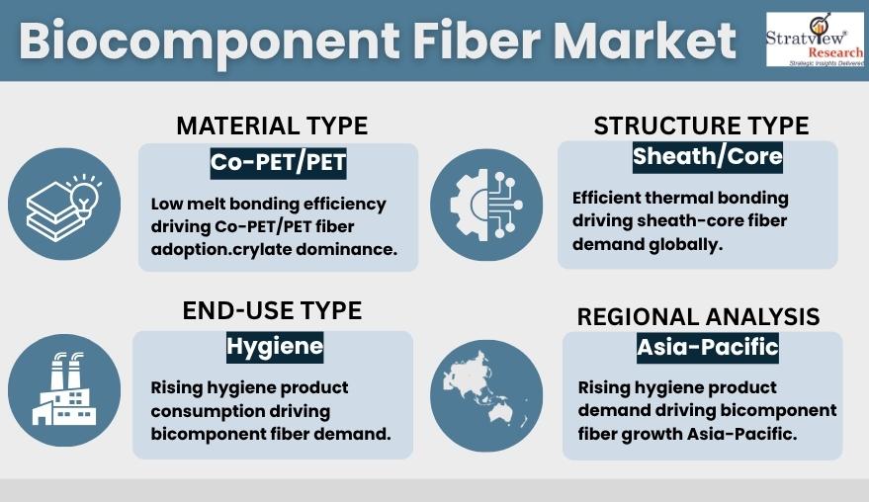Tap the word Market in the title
tap(645, 42)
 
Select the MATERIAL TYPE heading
tap(272, 126)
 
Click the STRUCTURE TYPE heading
tap(701, 126)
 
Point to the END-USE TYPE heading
tap(272, 311)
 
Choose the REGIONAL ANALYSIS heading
tap(698, 317)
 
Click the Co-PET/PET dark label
tap(278, 162)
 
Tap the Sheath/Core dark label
tap(707, 156)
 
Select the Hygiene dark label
tap(274, 346)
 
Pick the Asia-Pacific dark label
tap(707, 347)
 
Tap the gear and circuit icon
tap(486, 205)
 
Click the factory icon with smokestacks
tap(64, 388)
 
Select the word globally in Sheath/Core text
tap(689, 244)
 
